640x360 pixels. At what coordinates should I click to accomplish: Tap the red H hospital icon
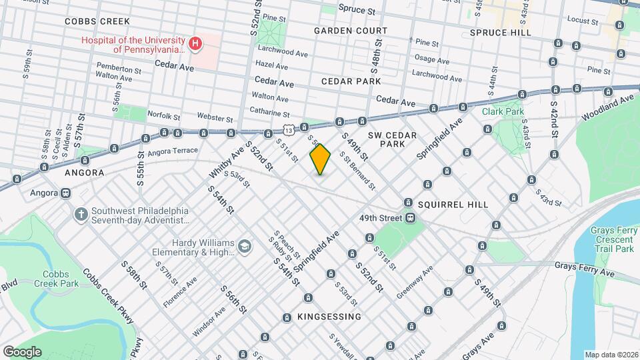(x=195, y=45)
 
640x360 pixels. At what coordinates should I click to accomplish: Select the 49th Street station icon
(x=411, y=218)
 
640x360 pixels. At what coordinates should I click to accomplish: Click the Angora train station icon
(x=65, y=193)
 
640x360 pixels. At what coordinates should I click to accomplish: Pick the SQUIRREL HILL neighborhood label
(x=455, y=204)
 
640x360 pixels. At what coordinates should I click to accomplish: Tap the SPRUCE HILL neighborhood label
(x=500, y=32)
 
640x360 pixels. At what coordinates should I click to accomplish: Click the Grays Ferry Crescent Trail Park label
(x=611, y=239)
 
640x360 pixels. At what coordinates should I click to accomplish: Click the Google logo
(x=21, y=351)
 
